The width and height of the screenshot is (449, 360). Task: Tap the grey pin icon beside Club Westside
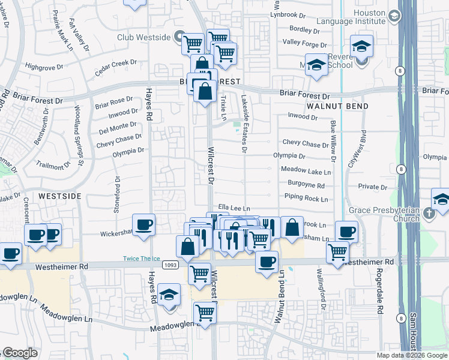pos(179,36)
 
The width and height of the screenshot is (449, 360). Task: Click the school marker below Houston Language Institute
pos(362,47)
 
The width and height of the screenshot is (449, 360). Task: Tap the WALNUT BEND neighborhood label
pos(328,105)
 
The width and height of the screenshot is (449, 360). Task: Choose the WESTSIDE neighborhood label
pos(59,196)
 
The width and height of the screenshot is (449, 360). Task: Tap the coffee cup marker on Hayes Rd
pos(143,226)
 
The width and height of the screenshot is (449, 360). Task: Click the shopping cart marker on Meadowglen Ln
pos(205,313)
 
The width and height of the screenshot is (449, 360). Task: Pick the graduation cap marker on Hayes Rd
pos(170,295)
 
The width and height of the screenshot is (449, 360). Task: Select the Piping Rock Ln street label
pos(306,199)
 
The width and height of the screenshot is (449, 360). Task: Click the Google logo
pos(20,353)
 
